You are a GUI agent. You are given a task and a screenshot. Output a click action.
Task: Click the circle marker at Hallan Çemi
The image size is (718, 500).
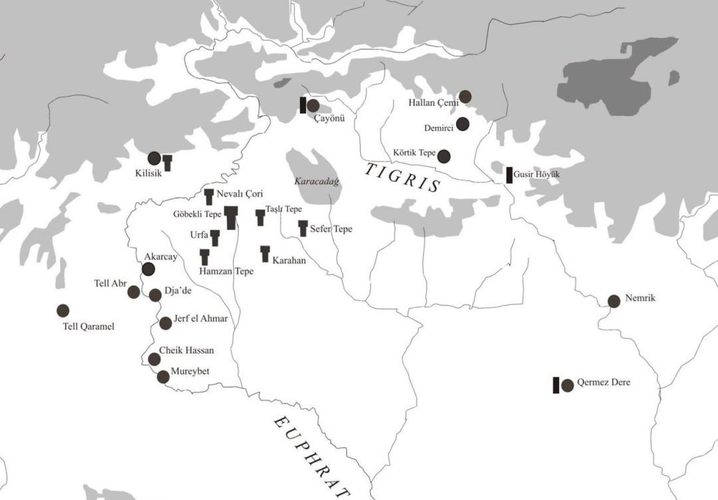(x=465, y=97)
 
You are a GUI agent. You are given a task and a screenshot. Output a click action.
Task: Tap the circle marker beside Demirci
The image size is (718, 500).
(x=463, y=124)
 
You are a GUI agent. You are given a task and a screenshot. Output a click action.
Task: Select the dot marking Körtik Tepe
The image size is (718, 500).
(x=444, y=156)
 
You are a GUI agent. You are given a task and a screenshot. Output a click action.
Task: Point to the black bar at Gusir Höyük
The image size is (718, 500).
(x=509, y=175)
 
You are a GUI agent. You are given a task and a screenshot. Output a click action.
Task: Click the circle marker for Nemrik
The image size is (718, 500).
(x=614, y=301)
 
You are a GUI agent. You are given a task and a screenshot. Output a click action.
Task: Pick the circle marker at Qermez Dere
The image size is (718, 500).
(x=567, y=385)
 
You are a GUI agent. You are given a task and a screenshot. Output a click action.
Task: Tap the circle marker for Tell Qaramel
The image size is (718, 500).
(x=63, y=311)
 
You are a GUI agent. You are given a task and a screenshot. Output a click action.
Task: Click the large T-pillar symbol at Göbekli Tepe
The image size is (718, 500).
(x=231, y=217)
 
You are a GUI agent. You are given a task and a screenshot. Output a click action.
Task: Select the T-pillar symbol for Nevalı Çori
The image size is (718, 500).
(x=209, y=196)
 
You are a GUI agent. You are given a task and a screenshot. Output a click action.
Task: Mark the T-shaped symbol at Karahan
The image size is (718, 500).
(x=265, y=253)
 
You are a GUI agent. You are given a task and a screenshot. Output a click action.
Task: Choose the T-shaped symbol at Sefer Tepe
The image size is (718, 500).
(x=303, y=228)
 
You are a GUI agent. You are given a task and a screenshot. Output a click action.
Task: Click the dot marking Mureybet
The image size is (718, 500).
(x=163, y=377)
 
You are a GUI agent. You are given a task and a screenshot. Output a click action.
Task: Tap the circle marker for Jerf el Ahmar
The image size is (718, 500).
(x=166, y=323)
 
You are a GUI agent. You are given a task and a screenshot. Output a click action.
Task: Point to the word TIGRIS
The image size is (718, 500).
(x=403, y=178)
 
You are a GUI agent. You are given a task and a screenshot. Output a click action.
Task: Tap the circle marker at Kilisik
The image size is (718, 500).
(x=154, y=158)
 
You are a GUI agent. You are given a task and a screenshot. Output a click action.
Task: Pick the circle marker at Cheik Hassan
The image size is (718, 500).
(x=154, y=359)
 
